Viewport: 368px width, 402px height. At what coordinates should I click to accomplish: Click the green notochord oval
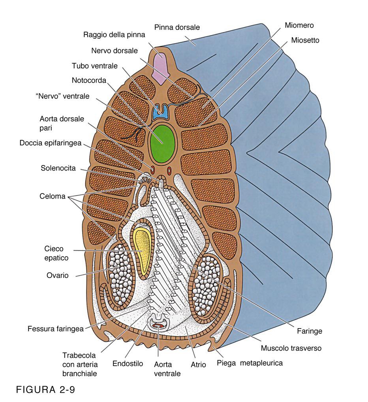(x=162, y=143)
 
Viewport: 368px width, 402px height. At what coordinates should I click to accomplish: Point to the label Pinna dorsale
(x=177, y=28)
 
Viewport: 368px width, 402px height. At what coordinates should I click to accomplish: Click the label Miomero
(x=299, y=26)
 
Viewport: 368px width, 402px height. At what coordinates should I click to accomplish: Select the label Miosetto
(x=305, y=40)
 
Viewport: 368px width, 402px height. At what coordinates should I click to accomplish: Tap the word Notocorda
(x=89, y=81)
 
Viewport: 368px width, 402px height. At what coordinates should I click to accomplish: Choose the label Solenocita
(x=58, y=169)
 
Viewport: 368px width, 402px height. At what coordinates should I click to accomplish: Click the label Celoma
(x=53, y=196)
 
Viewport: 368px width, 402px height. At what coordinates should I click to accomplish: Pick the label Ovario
(x=57, y=276)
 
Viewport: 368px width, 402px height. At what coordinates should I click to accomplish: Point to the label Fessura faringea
(x=56, y=329)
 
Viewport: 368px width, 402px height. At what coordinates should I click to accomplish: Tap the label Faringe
(x=309, y=331)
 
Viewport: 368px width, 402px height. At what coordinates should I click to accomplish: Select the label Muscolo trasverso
(x=291, y=348)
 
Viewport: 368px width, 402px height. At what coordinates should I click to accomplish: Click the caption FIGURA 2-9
(x=45, y=390)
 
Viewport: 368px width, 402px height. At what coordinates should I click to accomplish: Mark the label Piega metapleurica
(x=250, y=363)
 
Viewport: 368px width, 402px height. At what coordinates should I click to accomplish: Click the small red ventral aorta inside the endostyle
(x=158, y=325)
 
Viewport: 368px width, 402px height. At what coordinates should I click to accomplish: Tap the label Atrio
(x=199, y=365)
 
